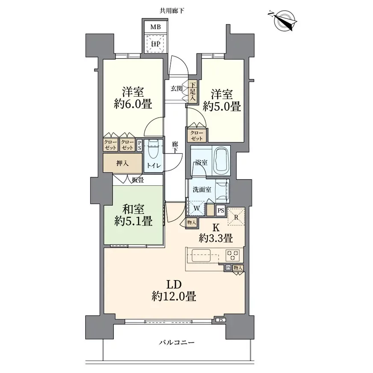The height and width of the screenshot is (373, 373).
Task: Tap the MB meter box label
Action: (156, 27)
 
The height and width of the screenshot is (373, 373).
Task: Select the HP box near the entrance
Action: (156, 44)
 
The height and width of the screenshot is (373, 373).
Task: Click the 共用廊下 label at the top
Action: (172, 11)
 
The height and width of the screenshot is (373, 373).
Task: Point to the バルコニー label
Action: (177, 342)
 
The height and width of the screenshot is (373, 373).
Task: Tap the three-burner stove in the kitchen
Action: (233, 255)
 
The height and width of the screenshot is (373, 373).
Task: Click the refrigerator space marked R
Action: (236, 217)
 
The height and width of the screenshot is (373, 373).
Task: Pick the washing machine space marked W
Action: (197, 208)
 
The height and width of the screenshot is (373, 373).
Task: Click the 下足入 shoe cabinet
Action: (192, 92)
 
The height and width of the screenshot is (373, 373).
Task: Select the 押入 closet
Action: (122, 163)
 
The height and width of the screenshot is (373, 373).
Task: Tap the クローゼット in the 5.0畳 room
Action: (197, 135)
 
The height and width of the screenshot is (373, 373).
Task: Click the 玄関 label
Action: (177, 89)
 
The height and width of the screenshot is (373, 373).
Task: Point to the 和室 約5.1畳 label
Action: (133, 215)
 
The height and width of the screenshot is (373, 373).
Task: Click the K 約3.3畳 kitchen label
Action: (216, 233)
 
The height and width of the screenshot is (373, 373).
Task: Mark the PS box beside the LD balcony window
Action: (221, 320)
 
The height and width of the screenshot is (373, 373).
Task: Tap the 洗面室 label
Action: (202, 189)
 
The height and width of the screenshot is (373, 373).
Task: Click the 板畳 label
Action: (138, 180)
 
